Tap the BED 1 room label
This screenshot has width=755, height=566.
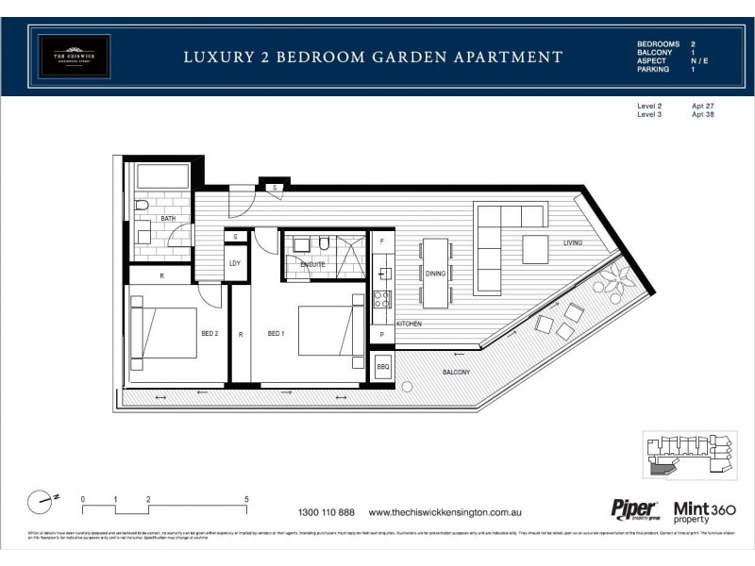tap(276, 333)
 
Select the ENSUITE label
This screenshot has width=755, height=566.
tap(312, 265)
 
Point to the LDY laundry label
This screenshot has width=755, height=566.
tap(234, 263)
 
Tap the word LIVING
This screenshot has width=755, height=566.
tap(573, 243)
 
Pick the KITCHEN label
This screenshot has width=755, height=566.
tap(409, 324)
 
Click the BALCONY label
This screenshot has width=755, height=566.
tap(457, 373)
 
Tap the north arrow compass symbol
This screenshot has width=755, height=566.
tap(42, 500)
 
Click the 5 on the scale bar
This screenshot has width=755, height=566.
tap(246, 498)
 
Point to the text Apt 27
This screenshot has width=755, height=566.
tap(702, 107)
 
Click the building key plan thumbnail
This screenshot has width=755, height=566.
tap(688, 455)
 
